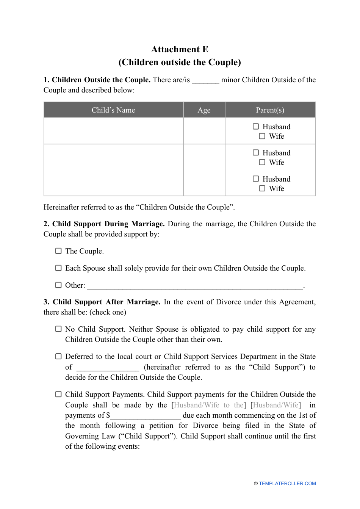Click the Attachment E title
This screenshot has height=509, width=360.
point(180,50)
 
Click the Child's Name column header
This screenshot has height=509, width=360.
point(113,110)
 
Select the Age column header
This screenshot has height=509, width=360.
point(204,110)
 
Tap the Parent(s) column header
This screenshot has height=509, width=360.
point(270,110)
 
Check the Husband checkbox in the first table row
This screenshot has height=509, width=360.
point(256,127)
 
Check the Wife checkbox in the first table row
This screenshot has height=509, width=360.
point(262,136)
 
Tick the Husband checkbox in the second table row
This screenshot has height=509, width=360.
point(256,153)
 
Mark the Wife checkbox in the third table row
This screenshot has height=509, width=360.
point(262,188)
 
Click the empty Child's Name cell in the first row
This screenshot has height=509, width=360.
point(113,131)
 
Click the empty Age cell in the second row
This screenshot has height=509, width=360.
point(204,157)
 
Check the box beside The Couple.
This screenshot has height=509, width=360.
point(58,251)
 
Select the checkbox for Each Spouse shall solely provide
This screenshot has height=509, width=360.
point(58,268)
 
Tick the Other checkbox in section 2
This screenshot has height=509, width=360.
point(58,285)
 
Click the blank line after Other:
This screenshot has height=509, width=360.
point(195,286)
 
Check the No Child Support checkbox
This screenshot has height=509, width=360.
point(58,329)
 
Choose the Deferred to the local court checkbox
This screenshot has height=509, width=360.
point(58,356)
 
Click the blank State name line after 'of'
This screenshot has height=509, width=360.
point(108,368)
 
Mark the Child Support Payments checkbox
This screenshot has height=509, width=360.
point(58,394)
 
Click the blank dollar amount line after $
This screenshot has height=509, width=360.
point(145,416)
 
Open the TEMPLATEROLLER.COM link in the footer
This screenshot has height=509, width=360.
point(287,484)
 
